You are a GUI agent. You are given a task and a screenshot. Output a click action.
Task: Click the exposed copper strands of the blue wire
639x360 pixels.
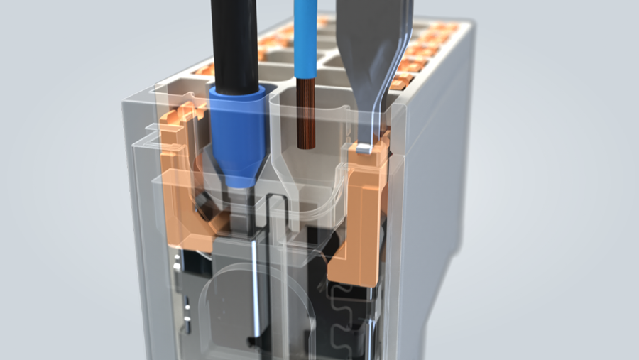tap(307, 114)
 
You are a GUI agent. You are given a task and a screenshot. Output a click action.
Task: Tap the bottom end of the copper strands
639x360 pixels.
tap(307, 148)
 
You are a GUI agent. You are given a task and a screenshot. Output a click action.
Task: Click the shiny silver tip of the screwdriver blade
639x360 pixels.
tap(364, 148)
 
